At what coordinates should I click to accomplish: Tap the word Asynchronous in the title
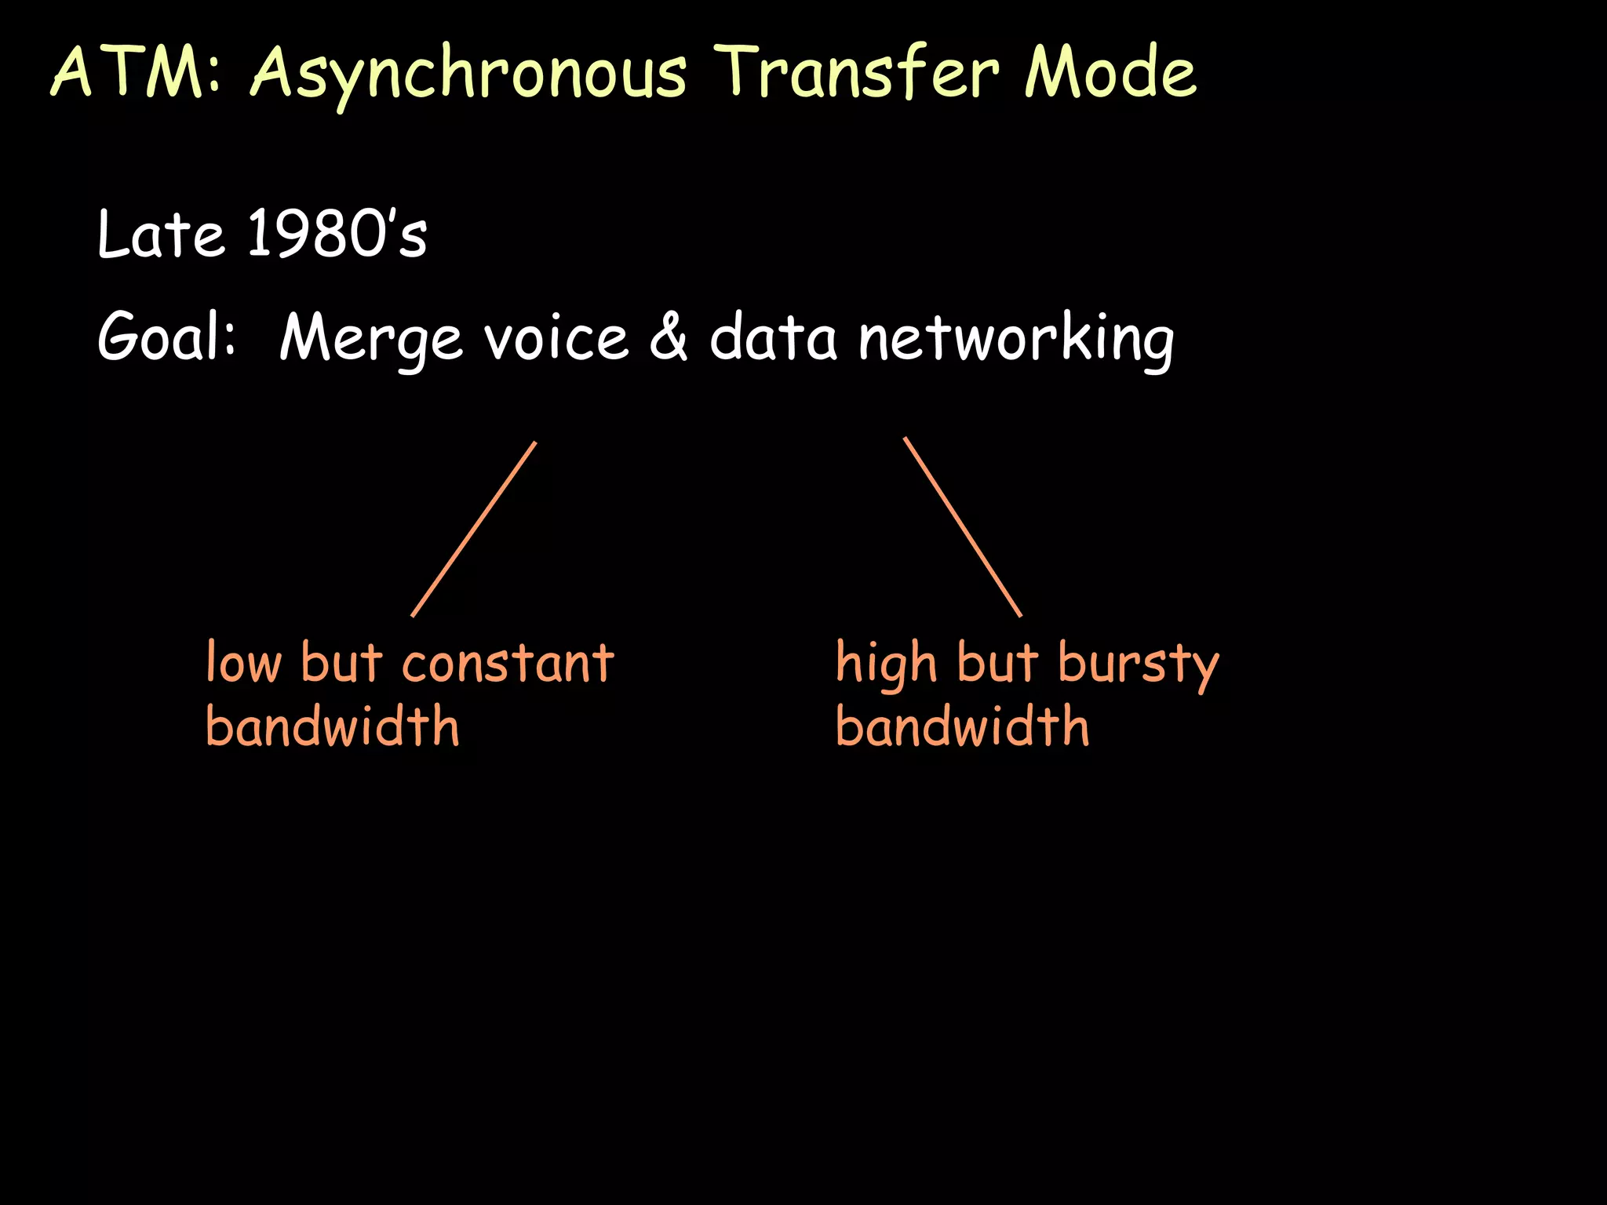[468, 75]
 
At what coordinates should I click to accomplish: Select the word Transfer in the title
[859, 72]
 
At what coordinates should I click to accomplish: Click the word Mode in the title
[1110, 72]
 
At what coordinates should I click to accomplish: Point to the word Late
[161, 235]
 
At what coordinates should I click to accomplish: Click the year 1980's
[337, 235]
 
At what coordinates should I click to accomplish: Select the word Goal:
[166, 337]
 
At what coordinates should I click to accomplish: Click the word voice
[556, 339]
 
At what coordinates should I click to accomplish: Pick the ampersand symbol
[669, 337]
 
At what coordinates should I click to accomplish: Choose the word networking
[1016, 339]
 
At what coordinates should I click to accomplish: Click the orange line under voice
[474, 530]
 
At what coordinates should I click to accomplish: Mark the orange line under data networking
[963, 527]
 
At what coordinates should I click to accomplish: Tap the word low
[243, 664]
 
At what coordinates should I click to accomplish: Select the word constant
[508, 664]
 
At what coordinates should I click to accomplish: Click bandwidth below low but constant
[332, 727]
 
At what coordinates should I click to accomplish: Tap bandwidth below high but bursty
[962, 727]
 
